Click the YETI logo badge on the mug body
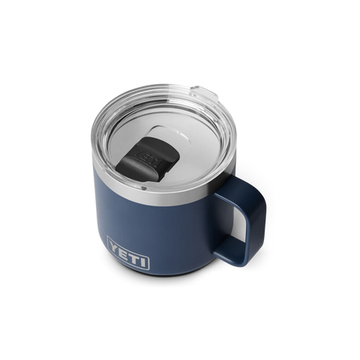(x=128, y=253)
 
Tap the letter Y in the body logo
(x=115, y=247)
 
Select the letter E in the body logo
(x=124, y=251)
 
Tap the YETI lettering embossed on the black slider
(x=148, y=157)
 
